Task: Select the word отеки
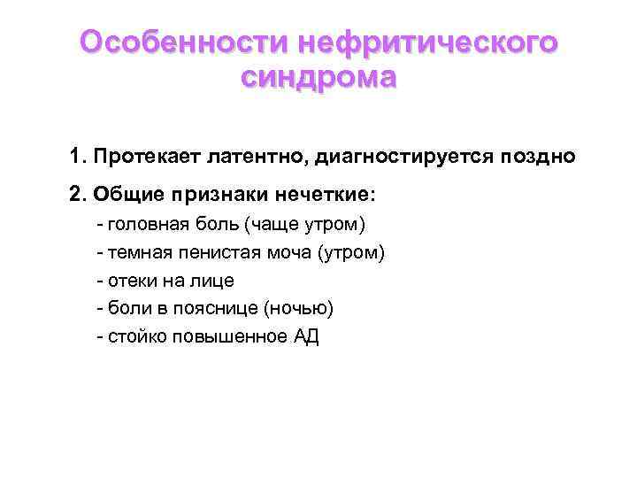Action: click(133, 281)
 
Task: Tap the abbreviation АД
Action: click(305, 337)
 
